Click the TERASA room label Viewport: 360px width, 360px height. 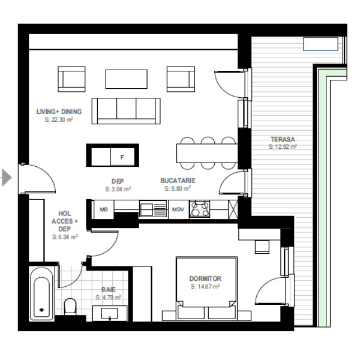pos(283,139)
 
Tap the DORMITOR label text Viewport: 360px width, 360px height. pos(205,278)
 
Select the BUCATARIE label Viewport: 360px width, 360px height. pos(178,181)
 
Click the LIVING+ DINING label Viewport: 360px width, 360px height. pos(59,112)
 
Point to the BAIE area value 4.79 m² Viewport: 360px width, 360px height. pos(109,298)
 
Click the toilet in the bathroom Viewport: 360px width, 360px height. pos(70,307)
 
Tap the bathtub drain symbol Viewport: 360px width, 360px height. pos(41,310)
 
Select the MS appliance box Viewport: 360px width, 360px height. pos(104,209)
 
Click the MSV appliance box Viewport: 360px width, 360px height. pos(178,209)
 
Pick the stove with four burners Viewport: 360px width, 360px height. pos(200,209)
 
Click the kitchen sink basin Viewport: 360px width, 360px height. pos(146,209)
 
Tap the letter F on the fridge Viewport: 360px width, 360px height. pos(122,157)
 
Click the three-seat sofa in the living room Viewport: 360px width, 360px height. pos(126,111)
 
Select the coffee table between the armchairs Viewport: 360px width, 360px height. pos(126,79)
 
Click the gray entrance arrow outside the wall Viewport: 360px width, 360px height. pos(6,177)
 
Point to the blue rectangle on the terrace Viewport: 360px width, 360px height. pos(320,44)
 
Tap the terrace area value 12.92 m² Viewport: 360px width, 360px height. pos(283,147)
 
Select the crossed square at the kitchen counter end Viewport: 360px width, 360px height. pos(233,209)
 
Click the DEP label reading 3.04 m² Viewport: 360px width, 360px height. pos(118,185)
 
